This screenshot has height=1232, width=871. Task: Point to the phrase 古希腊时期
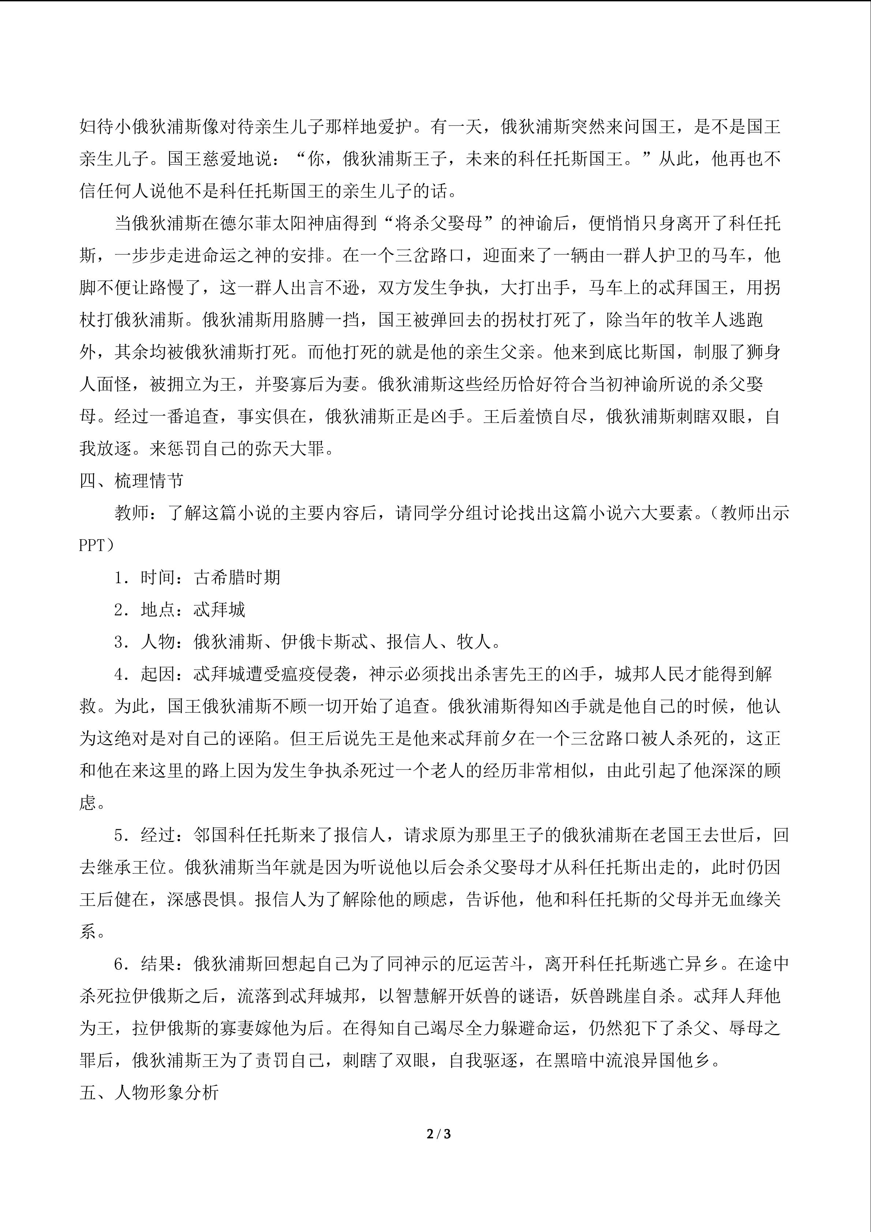pyautogui.click(x=237, y=577)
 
